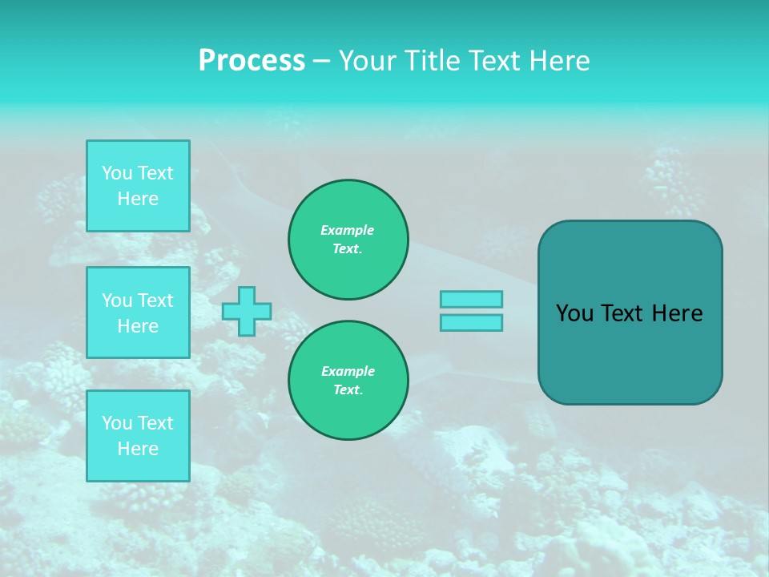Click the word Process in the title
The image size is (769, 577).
click(252, 61)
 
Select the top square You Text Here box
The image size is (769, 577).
click(138, 186)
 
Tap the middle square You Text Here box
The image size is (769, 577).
click(138, 313)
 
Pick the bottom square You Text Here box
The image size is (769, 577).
click(138, 435)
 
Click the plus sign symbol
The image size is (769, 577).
click(247, 311)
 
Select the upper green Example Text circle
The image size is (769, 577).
click(348, 240)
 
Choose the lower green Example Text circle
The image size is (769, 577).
click(348, 381)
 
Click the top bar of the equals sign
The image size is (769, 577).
click(471, 299)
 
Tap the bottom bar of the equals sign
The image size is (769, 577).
click(471, 322)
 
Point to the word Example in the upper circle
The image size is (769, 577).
click(348, 230)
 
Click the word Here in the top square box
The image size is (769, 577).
click(138, 199)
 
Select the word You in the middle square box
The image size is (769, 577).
click(117, 301)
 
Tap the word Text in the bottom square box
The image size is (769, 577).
click(155, 423)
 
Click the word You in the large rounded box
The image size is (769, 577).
click(574, 313)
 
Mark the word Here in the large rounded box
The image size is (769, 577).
click(677, 313)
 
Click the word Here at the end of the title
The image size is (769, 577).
click(560, 61)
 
